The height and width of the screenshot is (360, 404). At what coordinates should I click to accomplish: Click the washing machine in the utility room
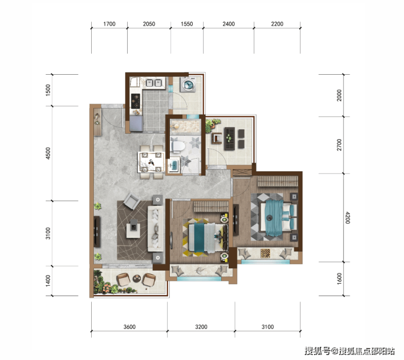click(x=188, y=84)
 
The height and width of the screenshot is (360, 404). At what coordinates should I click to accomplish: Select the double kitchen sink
click(x=153, y=83)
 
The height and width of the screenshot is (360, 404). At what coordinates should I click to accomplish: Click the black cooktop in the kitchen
click(x=135, y=101)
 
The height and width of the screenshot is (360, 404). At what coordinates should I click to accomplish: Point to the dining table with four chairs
click(x=151, y=162)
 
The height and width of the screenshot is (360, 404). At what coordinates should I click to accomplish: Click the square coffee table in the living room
click(x=133, y=229)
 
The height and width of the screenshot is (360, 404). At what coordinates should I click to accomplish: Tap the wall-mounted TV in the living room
click(x=97, y=232)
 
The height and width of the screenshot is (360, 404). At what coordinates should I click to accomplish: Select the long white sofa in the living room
click(x=156, y=229)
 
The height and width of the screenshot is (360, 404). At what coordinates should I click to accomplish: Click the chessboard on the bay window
click(x=265, y=253)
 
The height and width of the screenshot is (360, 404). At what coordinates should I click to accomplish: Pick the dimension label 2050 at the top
click(x=149, y=24)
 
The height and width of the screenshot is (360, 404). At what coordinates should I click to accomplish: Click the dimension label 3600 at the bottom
click(x=129, y=327)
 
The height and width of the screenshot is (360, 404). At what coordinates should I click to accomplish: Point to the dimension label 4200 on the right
click(x=347, y=218)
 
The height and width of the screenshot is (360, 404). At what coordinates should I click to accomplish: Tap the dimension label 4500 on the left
click(x=48, y=153)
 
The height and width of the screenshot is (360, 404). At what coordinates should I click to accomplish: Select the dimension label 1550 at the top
click(x=187, y=24)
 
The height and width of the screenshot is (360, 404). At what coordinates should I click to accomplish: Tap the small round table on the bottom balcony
click(x=136, y=278)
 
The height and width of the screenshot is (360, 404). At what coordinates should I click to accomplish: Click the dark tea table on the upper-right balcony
click(x=229, y=139)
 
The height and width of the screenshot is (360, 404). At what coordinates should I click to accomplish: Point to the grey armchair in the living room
click(x=132, y=201)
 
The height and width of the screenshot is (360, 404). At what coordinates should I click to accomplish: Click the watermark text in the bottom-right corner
click(x=349, y=351)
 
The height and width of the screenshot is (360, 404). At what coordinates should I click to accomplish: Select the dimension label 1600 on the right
click(x=340, y=279)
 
